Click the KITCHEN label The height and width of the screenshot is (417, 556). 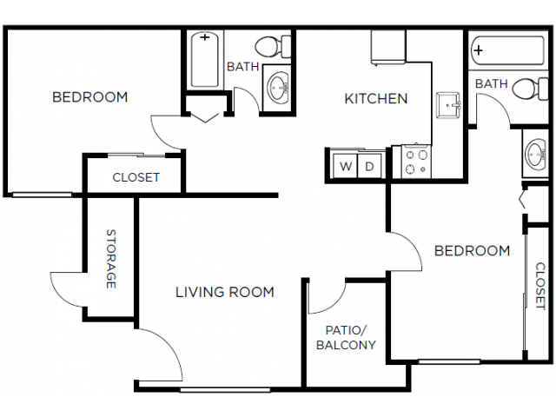pyautogui.click(x=376, y=98)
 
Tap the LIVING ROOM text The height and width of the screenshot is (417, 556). pyautogui.click(x=225, y=292)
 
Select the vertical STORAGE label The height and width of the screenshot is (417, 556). pyautogui.click(x=111, y=259)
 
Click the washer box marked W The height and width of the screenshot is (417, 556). pyautogui.click(x=346, y=166)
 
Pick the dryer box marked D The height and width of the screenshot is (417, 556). pyautogui.click(x=369, y=166)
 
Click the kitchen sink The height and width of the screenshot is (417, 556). pyautogui.click(x=449, y=106)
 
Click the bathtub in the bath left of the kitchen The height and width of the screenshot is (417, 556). pyautogui.click(x=206, y=59)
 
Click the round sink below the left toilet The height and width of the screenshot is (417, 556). pyautogui.click(x=279, y=87)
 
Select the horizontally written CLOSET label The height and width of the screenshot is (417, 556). pyautogui.click(x=136, y=177)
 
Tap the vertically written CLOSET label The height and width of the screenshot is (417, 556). pyautogui.click(x=539, y=287)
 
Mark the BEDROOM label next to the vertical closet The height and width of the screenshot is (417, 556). pyautogui.click(x=472, y=251)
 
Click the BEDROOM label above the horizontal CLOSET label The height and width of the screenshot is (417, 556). pyautogui.click(x=89, y=96)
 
